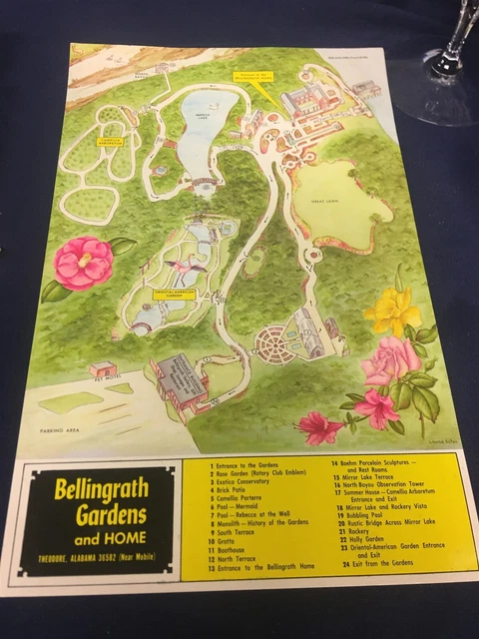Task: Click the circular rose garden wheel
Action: click(x=270, y=345)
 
